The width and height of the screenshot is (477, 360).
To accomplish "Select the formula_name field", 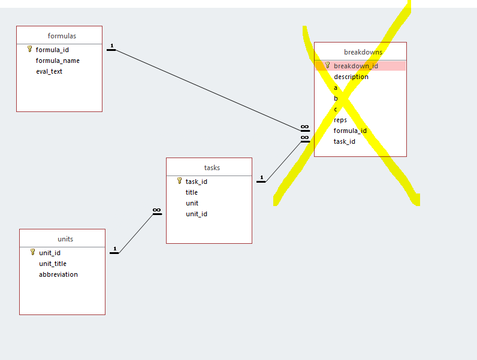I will tap(58, 60).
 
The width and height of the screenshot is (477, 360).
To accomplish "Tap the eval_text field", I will tap(49, 71).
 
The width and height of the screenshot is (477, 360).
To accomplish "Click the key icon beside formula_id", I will tap(30, 49).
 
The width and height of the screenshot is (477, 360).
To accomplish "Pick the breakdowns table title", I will tap(363, 52).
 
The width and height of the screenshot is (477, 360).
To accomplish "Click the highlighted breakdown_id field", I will tap(356, 66).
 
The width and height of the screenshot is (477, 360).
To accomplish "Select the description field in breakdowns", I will tap(351, 77).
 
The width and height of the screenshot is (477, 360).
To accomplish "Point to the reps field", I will tap(340, 120).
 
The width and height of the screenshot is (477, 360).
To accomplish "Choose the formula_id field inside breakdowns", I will tap(350, 131).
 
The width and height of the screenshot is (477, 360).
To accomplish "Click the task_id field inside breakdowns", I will tap(345, 141).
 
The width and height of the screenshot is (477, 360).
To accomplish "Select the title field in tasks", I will tap(192, 192).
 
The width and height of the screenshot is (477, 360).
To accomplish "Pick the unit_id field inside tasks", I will tap(197, 214).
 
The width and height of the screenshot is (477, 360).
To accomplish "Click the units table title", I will tap(65, 239).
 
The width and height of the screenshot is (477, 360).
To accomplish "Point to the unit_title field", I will tap(53, 264).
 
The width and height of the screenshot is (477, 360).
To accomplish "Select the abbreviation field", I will tap(58, 274).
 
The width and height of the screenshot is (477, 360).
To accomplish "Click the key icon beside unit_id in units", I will tap(33, 252).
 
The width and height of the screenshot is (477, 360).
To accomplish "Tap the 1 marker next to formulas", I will tap(111, 46).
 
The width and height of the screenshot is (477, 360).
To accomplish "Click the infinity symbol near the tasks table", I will tap(157, 211).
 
